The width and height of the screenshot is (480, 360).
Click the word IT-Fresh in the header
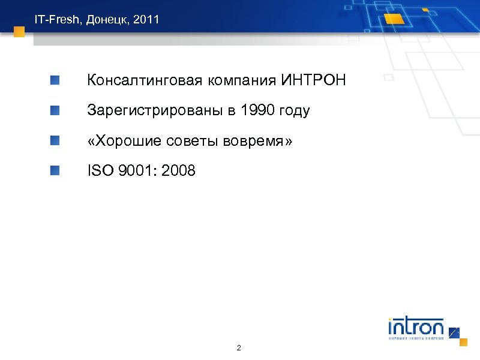pos(57,20)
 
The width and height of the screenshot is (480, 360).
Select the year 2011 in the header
pos(147,20)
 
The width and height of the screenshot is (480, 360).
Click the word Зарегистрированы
pos(155,110)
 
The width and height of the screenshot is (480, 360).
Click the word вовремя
pos(257,141)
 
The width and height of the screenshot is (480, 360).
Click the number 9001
pos(139,171)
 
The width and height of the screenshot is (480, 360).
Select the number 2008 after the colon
pos(178,171)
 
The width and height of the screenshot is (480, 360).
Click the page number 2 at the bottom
pos(239,348)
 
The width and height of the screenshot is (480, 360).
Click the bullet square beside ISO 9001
pos(55,171)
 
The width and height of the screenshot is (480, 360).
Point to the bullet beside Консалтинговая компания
pos(55,80)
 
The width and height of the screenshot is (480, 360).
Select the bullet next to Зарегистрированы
pos(55,110)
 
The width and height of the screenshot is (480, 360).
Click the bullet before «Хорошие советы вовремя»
pos(55,141)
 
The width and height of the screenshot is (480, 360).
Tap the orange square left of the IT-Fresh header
pos(19,31)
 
